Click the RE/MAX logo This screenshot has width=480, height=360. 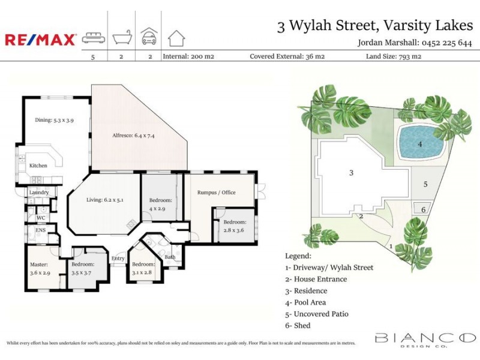click(41, 40)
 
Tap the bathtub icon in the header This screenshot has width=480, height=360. click(122, 38)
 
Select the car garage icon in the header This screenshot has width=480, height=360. click(149, 37)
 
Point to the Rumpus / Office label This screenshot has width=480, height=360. click(217, 193)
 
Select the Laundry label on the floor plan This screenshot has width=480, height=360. click(38, 192)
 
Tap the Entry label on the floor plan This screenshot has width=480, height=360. click(118, 259)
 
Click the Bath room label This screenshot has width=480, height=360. click(170, 257)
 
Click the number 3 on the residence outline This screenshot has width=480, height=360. click(352, 173)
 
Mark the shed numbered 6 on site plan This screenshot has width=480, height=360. click(424, 209)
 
